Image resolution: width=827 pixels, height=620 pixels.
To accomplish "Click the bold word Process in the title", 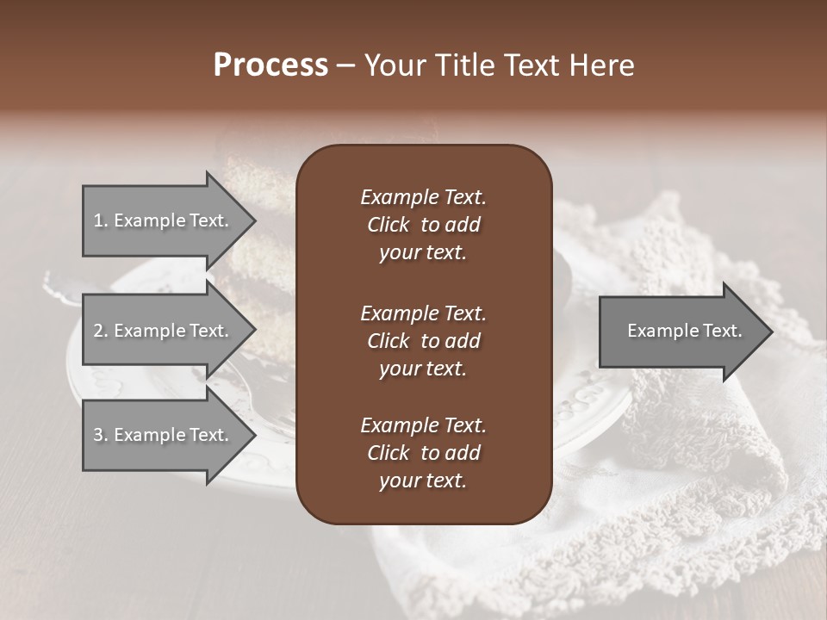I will pos(270,65).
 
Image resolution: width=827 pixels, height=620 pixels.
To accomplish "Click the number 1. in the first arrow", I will pos(100,220).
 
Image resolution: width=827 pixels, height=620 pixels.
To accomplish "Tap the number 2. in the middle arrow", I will pos(100,331).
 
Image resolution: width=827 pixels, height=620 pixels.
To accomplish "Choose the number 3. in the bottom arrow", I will pos(100,435).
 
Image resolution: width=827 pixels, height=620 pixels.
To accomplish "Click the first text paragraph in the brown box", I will pos(423,225).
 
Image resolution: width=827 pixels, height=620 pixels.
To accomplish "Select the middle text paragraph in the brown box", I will pos(423,340).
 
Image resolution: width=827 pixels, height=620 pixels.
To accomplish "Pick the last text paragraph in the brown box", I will pos(423,453).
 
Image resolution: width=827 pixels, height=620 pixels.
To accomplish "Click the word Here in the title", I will pos(602,65).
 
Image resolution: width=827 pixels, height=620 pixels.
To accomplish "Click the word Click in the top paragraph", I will pos(388,225).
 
